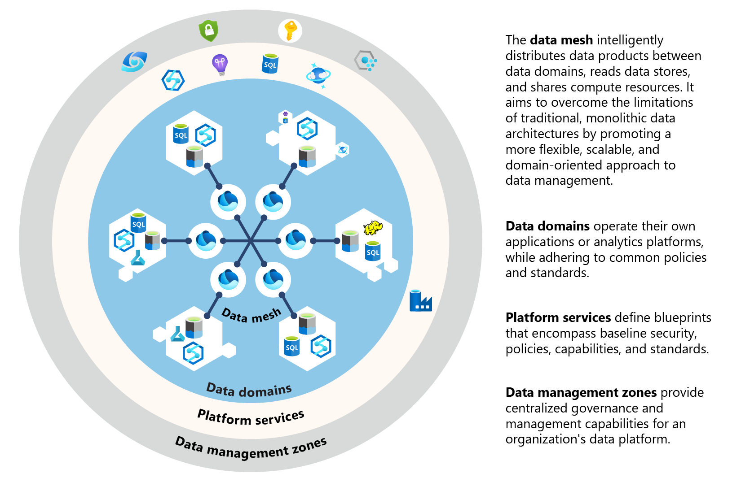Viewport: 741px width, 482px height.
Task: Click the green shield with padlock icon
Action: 208,31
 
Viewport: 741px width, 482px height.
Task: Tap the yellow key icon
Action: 290,31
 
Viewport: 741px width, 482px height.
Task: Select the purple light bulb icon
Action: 220,65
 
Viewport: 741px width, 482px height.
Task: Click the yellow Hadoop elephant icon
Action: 373,227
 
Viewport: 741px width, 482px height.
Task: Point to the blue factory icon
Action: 420,301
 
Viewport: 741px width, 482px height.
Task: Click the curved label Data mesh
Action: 251,316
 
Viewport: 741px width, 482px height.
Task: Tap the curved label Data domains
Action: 249,390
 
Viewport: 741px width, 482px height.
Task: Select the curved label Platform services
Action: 251,417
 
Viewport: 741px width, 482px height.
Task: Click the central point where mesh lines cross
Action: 251,241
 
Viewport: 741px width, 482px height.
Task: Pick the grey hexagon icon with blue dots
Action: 365,61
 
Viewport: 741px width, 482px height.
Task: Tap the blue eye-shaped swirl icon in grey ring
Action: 134,61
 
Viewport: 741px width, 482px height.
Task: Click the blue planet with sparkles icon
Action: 318,75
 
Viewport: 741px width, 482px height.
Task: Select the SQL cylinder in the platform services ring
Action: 270,64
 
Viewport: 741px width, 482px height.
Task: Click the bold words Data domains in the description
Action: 547,226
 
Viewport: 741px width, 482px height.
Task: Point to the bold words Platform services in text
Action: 558,317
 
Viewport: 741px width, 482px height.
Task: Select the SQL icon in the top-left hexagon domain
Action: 181,134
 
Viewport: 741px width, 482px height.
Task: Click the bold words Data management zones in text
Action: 581,393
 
